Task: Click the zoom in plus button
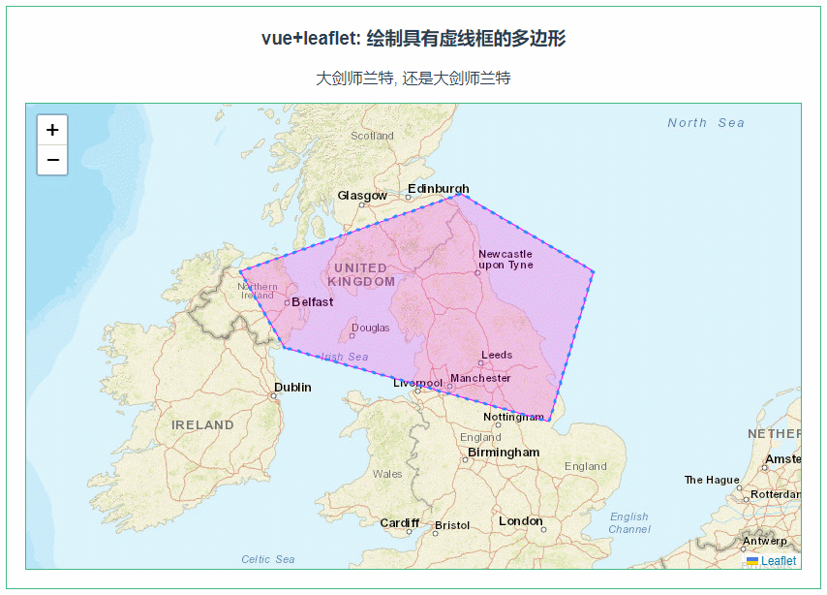pyautogui.click(x=52, y=130)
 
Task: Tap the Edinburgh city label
pyautogui.click(x=438, y=189)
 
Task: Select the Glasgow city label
pyautogui.click(x=362, y=196)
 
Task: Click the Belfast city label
pyautogui.click(x=312, y=301)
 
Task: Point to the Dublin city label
pyautogui.click(x=292, y=388)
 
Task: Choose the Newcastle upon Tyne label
pyautogui.click(x=505, y=259)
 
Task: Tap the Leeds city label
pyautogui.click(x=497, y=355)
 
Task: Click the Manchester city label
pyautogui.click(x=480, y=378)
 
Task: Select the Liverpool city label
pyautogui.click(x=417, y=383)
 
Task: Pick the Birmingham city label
pyautogui.click(x=504, y=453)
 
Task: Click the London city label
pyautogui.click(x=521, y=521)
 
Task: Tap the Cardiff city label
pyautogui.click(x=399, y=523)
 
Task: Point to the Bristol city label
pyautogui.click(x=452, y=526)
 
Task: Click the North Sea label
pyautogui.click(x=706, y=123)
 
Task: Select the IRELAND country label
pyautogui.click(x=202, y=425)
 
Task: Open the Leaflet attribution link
pyautogui.click(x=778, y=561)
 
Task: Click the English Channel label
pyautogui.click(x=629, y=523)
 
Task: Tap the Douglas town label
pyautogui.click(x=371, y=328)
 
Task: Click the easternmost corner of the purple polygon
pyautogui.click(x=593, y=271)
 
